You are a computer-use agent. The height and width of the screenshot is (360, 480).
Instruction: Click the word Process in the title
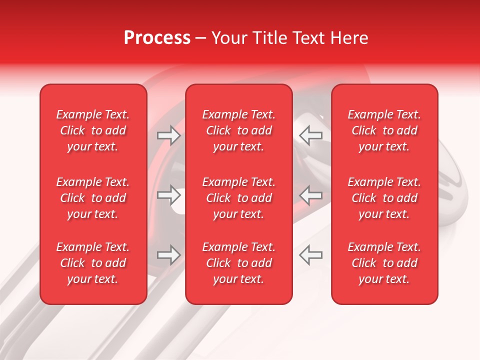click(x=157, y=38)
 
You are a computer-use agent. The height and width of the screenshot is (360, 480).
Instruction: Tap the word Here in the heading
click(x=349, y=38)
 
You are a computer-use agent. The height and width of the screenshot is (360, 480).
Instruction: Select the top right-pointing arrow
click(x=169, y=135)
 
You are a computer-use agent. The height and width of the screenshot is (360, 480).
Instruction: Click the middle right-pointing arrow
click(x=169, y=195)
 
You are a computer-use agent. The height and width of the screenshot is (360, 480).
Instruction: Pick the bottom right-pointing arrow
click(x=169, y=255)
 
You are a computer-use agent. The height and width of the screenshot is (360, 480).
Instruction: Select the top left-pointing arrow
click(x=310, y=135)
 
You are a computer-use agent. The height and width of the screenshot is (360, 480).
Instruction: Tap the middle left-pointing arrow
click(x=310, y=195)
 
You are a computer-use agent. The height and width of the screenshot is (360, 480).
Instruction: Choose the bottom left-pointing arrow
click(x=310, y=255)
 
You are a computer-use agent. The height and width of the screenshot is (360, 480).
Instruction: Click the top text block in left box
click(x=93, y=130)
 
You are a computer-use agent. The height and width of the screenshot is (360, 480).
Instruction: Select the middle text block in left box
click(x=93, y=198)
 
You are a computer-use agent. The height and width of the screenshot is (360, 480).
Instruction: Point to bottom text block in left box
click(x=93, y=263)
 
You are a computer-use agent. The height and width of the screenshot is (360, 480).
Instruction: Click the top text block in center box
click(x=238, y=130)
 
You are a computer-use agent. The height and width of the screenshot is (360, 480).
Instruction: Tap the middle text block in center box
click(x=238, y=198)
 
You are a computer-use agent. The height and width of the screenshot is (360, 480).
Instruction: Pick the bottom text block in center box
click(x=238, y=263)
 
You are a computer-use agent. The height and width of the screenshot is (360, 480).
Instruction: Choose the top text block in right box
click(x=384, y=130)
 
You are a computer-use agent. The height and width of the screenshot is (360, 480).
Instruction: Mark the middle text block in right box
click(x=384, y=198)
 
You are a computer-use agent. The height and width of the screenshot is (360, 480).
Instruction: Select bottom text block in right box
click(x=384, y=263)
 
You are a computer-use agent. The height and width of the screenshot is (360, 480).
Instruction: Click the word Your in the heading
click(x=229, y=38)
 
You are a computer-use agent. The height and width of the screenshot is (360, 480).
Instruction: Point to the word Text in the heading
click(x=309, y=38)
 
